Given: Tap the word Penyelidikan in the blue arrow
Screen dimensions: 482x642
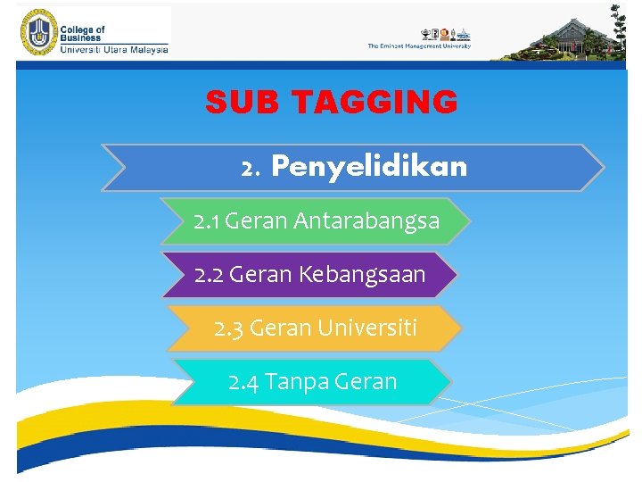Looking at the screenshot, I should pos(368,166).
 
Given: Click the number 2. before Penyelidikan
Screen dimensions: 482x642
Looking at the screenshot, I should pos(250,168).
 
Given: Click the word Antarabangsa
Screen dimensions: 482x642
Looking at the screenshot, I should pos(366,221).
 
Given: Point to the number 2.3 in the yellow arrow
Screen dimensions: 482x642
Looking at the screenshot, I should pos(229,328).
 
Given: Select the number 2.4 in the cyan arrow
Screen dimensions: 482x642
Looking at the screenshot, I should pos(243,382).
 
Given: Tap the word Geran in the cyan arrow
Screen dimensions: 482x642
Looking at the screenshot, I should pos(366,382).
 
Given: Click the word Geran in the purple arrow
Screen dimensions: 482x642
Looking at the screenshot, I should pos(260,275).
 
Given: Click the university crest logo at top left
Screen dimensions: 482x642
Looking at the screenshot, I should pos(36,34).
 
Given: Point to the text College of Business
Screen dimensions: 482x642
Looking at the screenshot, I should pos(82,34).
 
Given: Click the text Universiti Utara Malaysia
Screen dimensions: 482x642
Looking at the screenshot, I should pos(113,50).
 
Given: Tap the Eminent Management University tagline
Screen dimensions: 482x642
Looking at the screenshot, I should pos(419,46).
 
